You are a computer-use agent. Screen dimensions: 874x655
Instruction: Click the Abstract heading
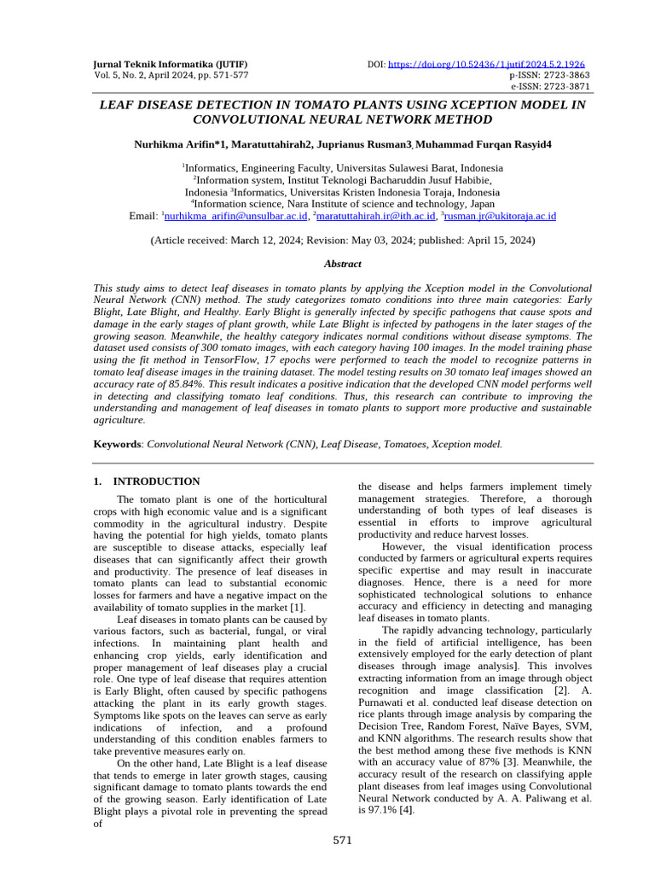[x=342, y=264]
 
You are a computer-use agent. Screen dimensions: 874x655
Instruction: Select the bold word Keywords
[x=117, y=444]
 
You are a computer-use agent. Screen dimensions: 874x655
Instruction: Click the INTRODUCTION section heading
[x=156, y=481]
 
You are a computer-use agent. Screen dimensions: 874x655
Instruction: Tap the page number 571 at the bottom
[x=342, y=841]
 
